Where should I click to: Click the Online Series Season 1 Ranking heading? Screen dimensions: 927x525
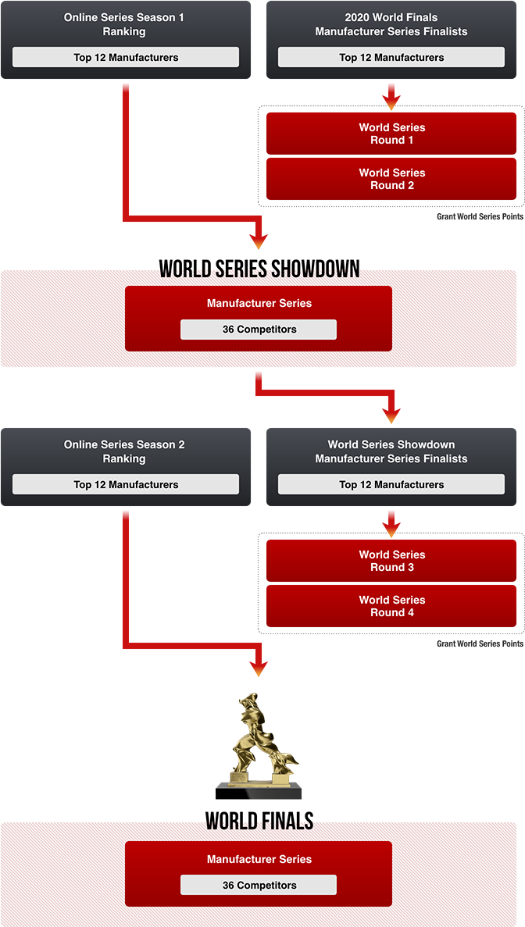124,24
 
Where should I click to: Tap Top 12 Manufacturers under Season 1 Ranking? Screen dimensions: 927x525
126,57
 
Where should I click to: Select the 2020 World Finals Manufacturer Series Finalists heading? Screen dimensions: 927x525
391,24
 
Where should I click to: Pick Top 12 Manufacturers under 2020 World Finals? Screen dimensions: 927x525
391,57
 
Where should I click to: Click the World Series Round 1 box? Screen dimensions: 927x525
391,134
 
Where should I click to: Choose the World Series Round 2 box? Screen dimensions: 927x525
391,179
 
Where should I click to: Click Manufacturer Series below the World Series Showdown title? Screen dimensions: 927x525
259,303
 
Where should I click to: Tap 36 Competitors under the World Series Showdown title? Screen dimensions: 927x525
259,330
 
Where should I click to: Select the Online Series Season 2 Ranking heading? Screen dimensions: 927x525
124,451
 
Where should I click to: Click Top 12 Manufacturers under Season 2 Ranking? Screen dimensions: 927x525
126,484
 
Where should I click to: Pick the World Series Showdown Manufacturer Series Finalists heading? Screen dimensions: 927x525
391,451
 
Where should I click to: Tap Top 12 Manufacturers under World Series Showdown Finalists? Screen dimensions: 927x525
391,484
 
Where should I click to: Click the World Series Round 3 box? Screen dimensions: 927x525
391,561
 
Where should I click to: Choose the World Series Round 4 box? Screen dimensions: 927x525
391,606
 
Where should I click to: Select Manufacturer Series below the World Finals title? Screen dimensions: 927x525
259,859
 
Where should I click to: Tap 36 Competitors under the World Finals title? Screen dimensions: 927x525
259,885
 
